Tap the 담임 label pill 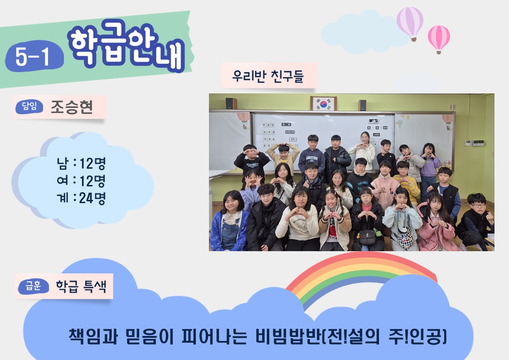click(x=29, y=107)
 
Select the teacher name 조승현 click(x=72, y=107)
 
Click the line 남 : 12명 click(x=81, y=163)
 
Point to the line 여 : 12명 click(x=81, y=180)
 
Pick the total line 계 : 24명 click(x=81, y=198)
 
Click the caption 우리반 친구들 click(x=268, y=76)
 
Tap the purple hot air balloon click(x=410, y=24)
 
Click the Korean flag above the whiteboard click(x=323, y=103)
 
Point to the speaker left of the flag click(x=231, y=103)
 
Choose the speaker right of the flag click(x=363, y=105)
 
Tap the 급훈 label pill click(x=34, y=287)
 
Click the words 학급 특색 click(x=81, y=286)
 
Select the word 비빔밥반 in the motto click(x=288, y=336)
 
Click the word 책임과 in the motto click(x=93, y=336)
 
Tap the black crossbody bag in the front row click(x=368, y=237)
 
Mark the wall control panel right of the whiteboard click(x=474, y=143)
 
